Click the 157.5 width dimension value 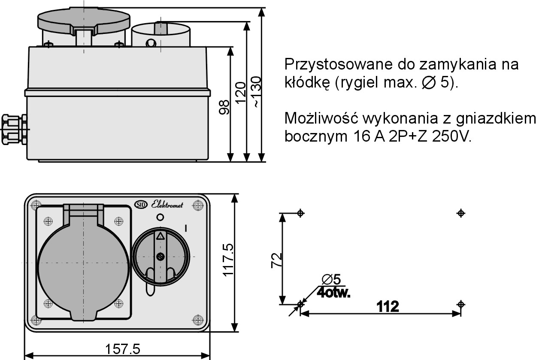coord(122,349)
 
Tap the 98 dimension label coord(224,107)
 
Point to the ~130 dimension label coord(257,92)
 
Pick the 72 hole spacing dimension coord(277,260)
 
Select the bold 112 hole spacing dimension coord(388,306)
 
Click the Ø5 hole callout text coord(331,279)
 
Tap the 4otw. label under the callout coord(333,293)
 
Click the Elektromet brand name coord(167,205)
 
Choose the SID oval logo coord(141,205)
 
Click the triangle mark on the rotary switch coord(160,236)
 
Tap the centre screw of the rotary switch coord(160,257)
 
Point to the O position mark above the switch coord(160,218)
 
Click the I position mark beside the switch coord(186,228)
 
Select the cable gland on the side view coord(14,130)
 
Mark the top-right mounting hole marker coord(461,213)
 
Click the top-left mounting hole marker coord(300,213)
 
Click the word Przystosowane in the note coord(338,64)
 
